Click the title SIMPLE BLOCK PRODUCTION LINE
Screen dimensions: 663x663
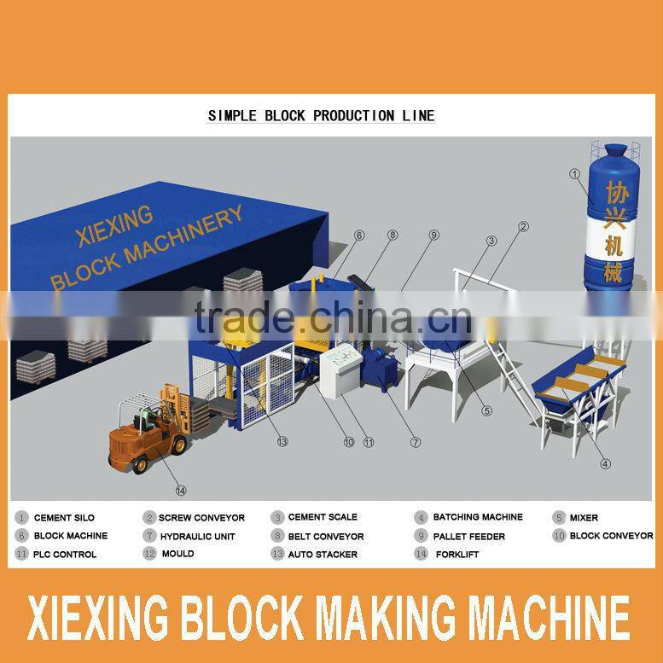pyautogui.click(x=321, y=115)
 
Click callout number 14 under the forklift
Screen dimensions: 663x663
pyautogui.click(x=180, y=490)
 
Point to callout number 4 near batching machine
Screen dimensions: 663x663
pyautogui.click(x=605, y=464)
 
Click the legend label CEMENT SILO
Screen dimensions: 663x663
pyautogui.click(x=64, y=518)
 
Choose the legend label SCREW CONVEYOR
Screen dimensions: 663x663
pyautogui.click(x=201, y=518)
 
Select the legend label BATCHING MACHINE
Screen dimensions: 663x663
pyautogui.click(x=477, y=517)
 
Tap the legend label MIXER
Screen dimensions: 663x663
pyautogui.click(x=584, y=518)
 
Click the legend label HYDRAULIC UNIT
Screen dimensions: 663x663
pyautogui.click(x=196, y=537)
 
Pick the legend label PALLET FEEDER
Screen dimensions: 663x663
pyautogui.click(x=468, y=537)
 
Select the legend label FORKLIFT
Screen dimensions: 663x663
pyautogui.click(x=457, y=555)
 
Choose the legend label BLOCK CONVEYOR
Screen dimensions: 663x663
pyautogui.click(x=611, y=536)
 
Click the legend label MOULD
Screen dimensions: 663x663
pyautogui.click(x=177, y=554)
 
